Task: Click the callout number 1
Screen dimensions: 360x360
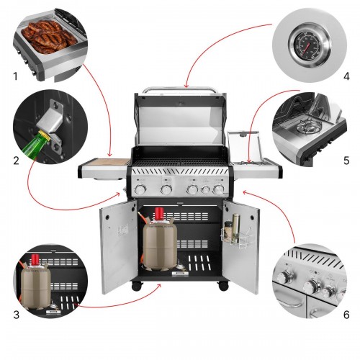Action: pos(16,76)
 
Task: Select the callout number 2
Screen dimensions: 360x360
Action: pos(16,161)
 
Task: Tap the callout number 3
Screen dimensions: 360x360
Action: pos(16,315)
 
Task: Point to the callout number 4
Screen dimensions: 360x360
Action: pos(346,76)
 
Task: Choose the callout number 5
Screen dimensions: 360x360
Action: pos(346,161)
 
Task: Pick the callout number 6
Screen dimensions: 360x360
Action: pos(346,315)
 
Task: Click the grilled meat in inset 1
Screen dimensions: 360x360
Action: pos(50,37)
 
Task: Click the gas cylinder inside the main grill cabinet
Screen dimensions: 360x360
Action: pos(160,239)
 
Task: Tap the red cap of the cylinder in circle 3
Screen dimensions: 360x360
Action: pos(35,258)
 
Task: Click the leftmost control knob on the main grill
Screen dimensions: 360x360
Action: pos(140,189)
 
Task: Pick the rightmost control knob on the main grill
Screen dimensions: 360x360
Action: pos(218,189)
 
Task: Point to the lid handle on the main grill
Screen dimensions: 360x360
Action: pos(179,90)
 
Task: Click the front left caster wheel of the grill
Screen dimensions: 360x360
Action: pos(137,287)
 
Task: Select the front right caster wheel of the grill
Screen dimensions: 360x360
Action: pos(223,287)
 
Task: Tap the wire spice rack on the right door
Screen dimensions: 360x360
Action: pos(236,236)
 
